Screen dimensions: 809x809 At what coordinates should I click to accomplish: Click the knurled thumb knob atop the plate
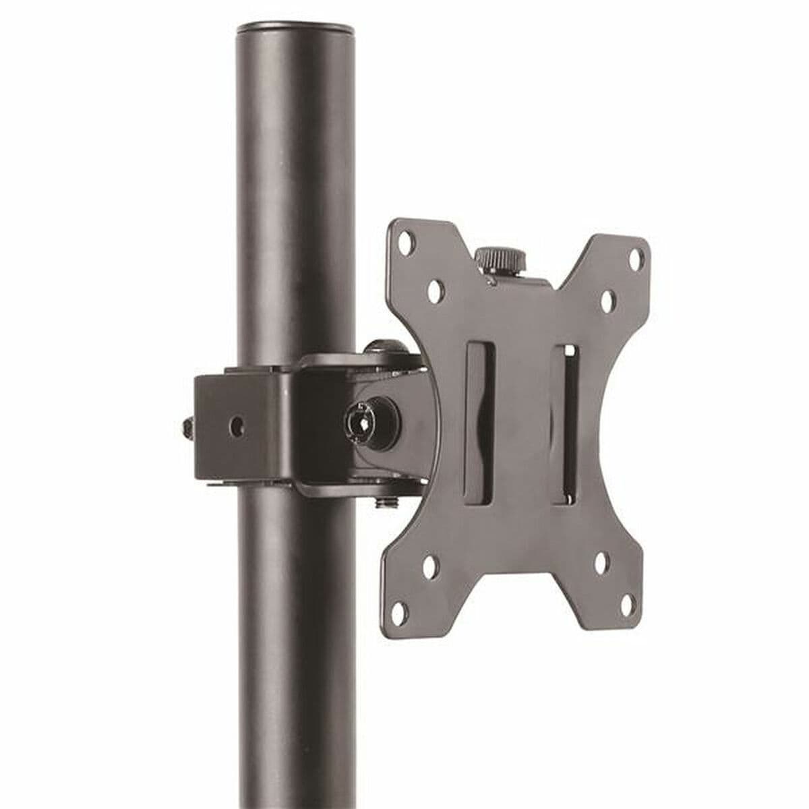click(500, 259)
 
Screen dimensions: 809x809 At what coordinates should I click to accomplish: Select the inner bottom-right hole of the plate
click(601, 559)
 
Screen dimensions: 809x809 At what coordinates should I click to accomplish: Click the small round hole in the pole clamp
click(235, 425)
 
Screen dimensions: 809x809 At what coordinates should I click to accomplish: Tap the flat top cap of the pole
click(295, 30)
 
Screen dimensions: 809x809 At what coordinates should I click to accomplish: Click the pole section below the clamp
click(295, 640)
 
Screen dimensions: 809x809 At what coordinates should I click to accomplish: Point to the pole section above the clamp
click(295, 202)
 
